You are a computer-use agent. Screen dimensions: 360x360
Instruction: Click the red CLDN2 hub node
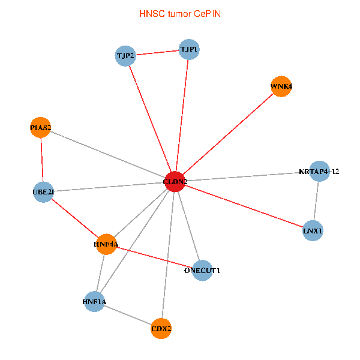click(x=174, y=181)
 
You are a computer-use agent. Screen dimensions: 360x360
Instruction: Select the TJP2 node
click(x=125, y=56)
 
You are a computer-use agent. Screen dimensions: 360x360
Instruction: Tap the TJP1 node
click(x=189, y=49)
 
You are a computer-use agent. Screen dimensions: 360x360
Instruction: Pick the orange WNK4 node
click(x=281, y=86)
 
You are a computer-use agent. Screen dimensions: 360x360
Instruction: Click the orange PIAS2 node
click(x=41, y=127)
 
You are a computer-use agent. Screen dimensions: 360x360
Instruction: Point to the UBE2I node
click(x=43, y=192)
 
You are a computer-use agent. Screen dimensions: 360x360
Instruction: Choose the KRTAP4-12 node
click(x=319, y=172)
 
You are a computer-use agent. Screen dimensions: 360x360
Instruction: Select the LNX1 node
click(x=313, y=230)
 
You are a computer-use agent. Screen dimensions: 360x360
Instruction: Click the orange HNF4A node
click(x=106, y=244)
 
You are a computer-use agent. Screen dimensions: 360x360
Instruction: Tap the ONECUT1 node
click(x=202, y=270)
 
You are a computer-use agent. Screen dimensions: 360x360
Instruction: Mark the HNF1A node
click(x=94, y=301)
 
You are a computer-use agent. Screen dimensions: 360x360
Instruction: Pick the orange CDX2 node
click(x=161, y=329)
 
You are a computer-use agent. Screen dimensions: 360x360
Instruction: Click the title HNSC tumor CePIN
click(x=179, y=13)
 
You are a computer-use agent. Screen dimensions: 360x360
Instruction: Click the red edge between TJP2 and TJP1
click(x=157, y=53)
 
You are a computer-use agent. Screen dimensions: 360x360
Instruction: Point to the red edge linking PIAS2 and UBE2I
click(x=42, y=160)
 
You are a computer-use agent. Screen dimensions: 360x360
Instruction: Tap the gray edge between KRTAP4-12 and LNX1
click(x=316, y=201)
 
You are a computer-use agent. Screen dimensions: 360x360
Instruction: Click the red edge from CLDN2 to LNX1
click(x=243, y=206)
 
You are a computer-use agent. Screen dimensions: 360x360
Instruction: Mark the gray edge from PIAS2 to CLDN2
click(x=108, y=154)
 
